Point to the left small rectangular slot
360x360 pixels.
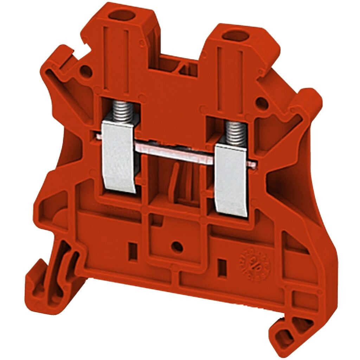[133, 251]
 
